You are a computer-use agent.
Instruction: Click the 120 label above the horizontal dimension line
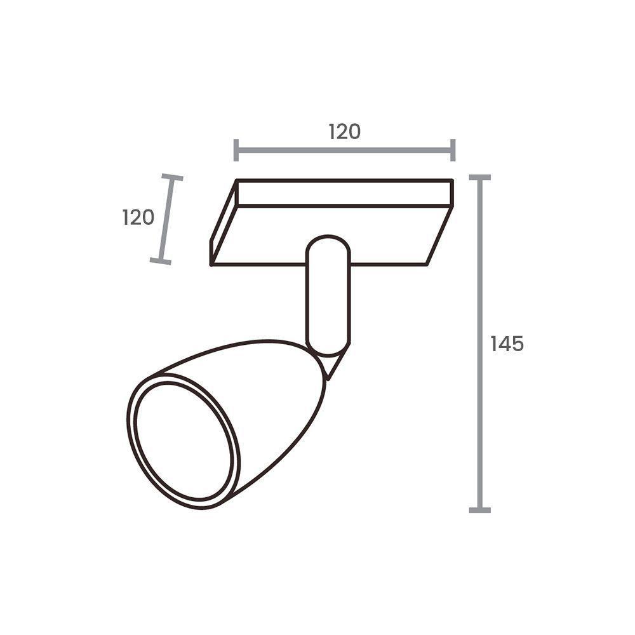[344, 131]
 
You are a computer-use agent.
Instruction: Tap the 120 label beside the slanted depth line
[138, 217]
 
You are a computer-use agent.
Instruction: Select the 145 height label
[507, 344]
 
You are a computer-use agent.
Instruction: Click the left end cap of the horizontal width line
[236, 150]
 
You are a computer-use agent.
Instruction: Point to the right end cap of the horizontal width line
[453, 150]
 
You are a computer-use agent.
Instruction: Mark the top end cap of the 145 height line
[479, 178]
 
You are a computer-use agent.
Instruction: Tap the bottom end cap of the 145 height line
[479, 509]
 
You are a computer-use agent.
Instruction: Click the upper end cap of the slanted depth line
[171, 178]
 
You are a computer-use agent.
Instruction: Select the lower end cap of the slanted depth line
[161, 260]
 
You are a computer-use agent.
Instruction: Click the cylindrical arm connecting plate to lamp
[328, 298]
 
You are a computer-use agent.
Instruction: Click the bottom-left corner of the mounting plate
[211, 264]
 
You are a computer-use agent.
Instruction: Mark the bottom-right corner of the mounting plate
[427, 264]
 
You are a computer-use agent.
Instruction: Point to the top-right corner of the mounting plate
[452, 181]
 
